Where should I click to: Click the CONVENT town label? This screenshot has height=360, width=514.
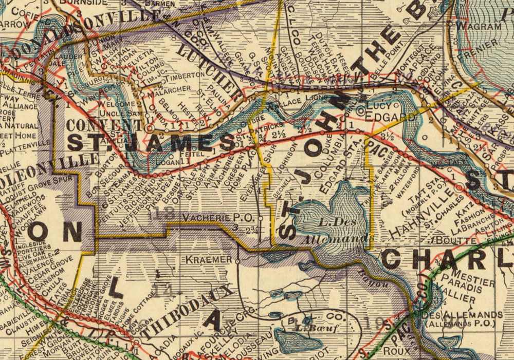pyautogui.click(x=104, y=125)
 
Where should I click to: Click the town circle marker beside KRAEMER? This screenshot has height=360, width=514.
pyautogui.click(x=237, y=261)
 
